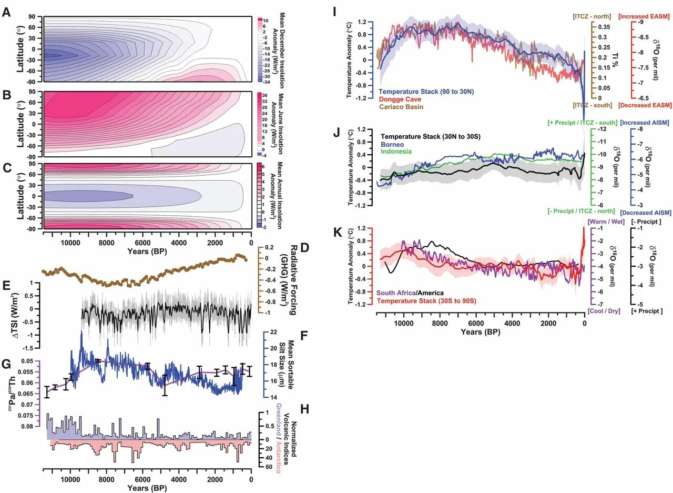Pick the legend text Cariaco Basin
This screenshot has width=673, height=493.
click(x=401, y=107)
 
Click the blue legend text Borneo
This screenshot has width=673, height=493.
click(x=389, y=144)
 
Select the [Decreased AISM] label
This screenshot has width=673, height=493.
click(x=646, y=213)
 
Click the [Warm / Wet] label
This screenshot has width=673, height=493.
click(x=606, y=222)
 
